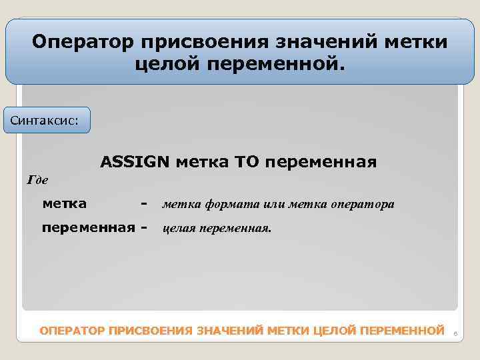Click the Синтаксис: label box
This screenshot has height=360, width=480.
coord(47,121)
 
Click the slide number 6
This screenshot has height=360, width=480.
coord(455,332)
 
